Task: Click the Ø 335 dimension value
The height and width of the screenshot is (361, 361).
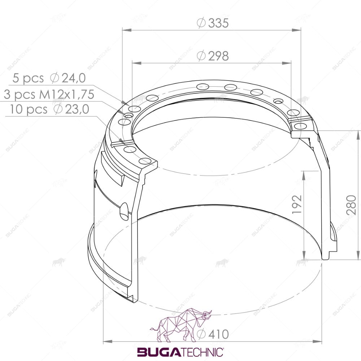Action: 213,23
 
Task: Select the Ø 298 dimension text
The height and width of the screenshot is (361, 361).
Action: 213,56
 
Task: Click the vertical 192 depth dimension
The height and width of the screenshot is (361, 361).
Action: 297,205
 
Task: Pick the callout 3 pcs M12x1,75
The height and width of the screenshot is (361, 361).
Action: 49,95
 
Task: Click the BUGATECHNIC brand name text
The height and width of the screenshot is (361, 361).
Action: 180,352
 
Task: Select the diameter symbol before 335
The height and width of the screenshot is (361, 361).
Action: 201,23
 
